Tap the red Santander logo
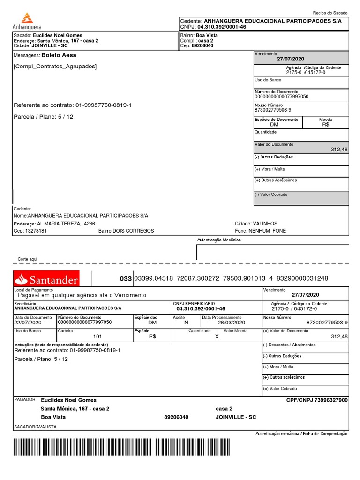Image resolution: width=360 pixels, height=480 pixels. tap(46, 279)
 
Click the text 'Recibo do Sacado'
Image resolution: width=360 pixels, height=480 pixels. tap(330, 13)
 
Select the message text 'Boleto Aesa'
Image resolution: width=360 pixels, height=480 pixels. tap(59, 55)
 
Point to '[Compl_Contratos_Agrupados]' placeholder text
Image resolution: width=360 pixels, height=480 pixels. tap(55, 67)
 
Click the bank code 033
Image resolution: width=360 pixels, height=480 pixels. tap(126, 279)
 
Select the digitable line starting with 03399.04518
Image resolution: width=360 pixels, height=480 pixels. tap(231, 279)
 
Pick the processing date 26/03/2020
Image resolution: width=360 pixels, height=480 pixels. tap(231, 322)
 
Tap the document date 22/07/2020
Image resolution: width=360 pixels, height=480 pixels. tap(28, 322)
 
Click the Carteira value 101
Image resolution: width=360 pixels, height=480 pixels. tap(97, 336)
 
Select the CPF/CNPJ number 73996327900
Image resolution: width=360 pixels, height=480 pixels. tap(331, 400)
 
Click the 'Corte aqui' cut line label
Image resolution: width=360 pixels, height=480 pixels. tap(27, 259)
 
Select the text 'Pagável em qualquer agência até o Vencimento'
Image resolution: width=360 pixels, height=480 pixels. tap(82, 295)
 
